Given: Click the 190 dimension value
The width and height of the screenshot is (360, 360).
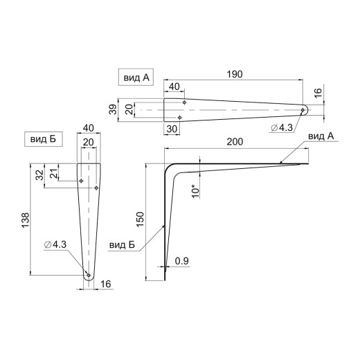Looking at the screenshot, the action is point(235,74).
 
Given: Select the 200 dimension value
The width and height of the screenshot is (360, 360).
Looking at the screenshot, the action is point(235,142).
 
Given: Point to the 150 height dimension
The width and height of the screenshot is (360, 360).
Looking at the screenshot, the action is point(140,219).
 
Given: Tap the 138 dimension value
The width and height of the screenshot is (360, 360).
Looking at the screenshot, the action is point(26,220).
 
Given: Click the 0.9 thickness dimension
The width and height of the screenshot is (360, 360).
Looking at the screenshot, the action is point(181,261).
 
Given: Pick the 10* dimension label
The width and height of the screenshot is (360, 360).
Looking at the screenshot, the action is point(196,191).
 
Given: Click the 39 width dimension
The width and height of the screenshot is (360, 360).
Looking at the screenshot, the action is point(113,109).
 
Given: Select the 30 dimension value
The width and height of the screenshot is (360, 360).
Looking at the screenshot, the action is point(172,129).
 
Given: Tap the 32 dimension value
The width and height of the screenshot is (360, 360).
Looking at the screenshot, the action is point(39,175).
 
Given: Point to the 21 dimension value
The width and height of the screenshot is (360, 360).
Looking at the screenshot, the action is point(54,173).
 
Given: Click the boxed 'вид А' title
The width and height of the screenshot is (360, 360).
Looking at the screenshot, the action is point(136,78).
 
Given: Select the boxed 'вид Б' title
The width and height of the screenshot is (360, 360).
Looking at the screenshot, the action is point(44,139).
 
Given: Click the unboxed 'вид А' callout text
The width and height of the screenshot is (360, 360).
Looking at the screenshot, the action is point(321,136).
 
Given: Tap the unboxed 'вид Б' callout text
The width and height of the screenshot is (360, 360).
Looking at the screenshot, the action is point(122,245).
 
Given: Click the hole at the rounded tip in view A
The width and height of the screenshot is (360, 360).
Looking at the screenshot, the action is point(303,110).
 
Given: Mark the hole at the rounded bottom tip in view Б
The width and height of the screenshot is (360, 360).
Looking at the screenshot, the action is point(89,275).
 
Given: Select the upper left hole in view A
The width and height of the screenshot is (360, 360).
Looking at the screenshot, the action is point(184,102).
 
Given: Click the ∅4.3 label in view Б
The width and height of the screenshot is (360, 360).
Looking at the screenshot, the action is point(55,244).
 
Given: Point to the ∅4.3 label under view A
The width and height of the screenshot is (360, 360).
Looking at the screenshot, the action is point(282,127).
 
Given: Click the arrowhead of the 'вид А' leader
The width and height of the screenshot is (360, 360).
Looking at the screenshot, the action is point(280,162).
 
